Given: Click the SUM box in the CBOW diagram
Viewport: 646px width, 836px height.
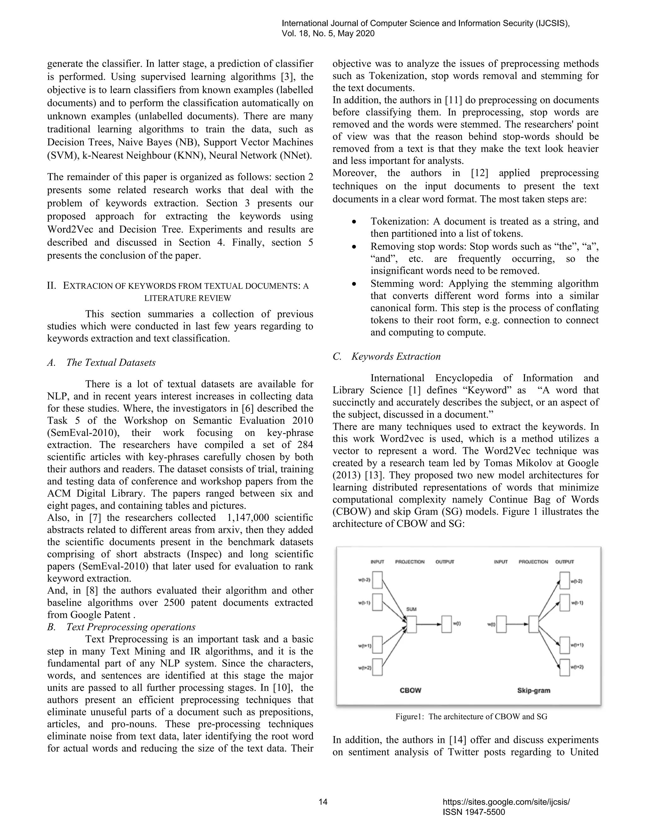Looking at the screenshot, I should coord(411,624).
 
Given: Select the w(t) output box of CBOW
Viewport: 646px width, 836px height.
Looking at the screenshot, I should coord(446,624).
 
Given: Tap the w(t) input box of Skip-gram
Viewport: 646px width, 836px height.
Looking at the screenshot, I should coord(501,624).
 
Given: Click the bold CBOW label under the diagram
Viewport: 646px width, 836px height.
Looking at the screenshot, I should coord(410,690).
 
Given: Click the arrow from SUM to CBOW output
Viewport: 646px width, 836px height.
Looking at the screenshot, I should coord(429,624).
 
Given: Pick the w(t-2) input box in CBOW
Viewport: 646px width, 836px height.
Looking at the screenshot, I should coord(377,580).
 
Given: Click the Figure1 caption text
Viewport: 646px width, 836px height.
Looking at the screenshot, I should coord(471,716).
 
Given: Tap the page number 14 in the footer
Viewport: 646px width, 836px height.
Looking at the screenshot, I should coord(323,802).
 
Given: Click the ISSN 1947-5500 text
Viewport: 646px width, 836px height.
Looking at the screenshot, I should coord(473,812).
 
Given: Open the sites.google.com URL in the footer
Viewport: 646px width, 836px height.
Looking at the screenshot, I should coord(506,802).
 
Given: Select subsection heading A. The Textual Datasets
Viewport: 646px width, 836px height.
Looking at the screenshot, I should coord(102,362).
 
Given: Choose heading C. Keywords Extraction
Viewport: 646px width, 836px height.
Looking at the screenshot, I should coord(386,356).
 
